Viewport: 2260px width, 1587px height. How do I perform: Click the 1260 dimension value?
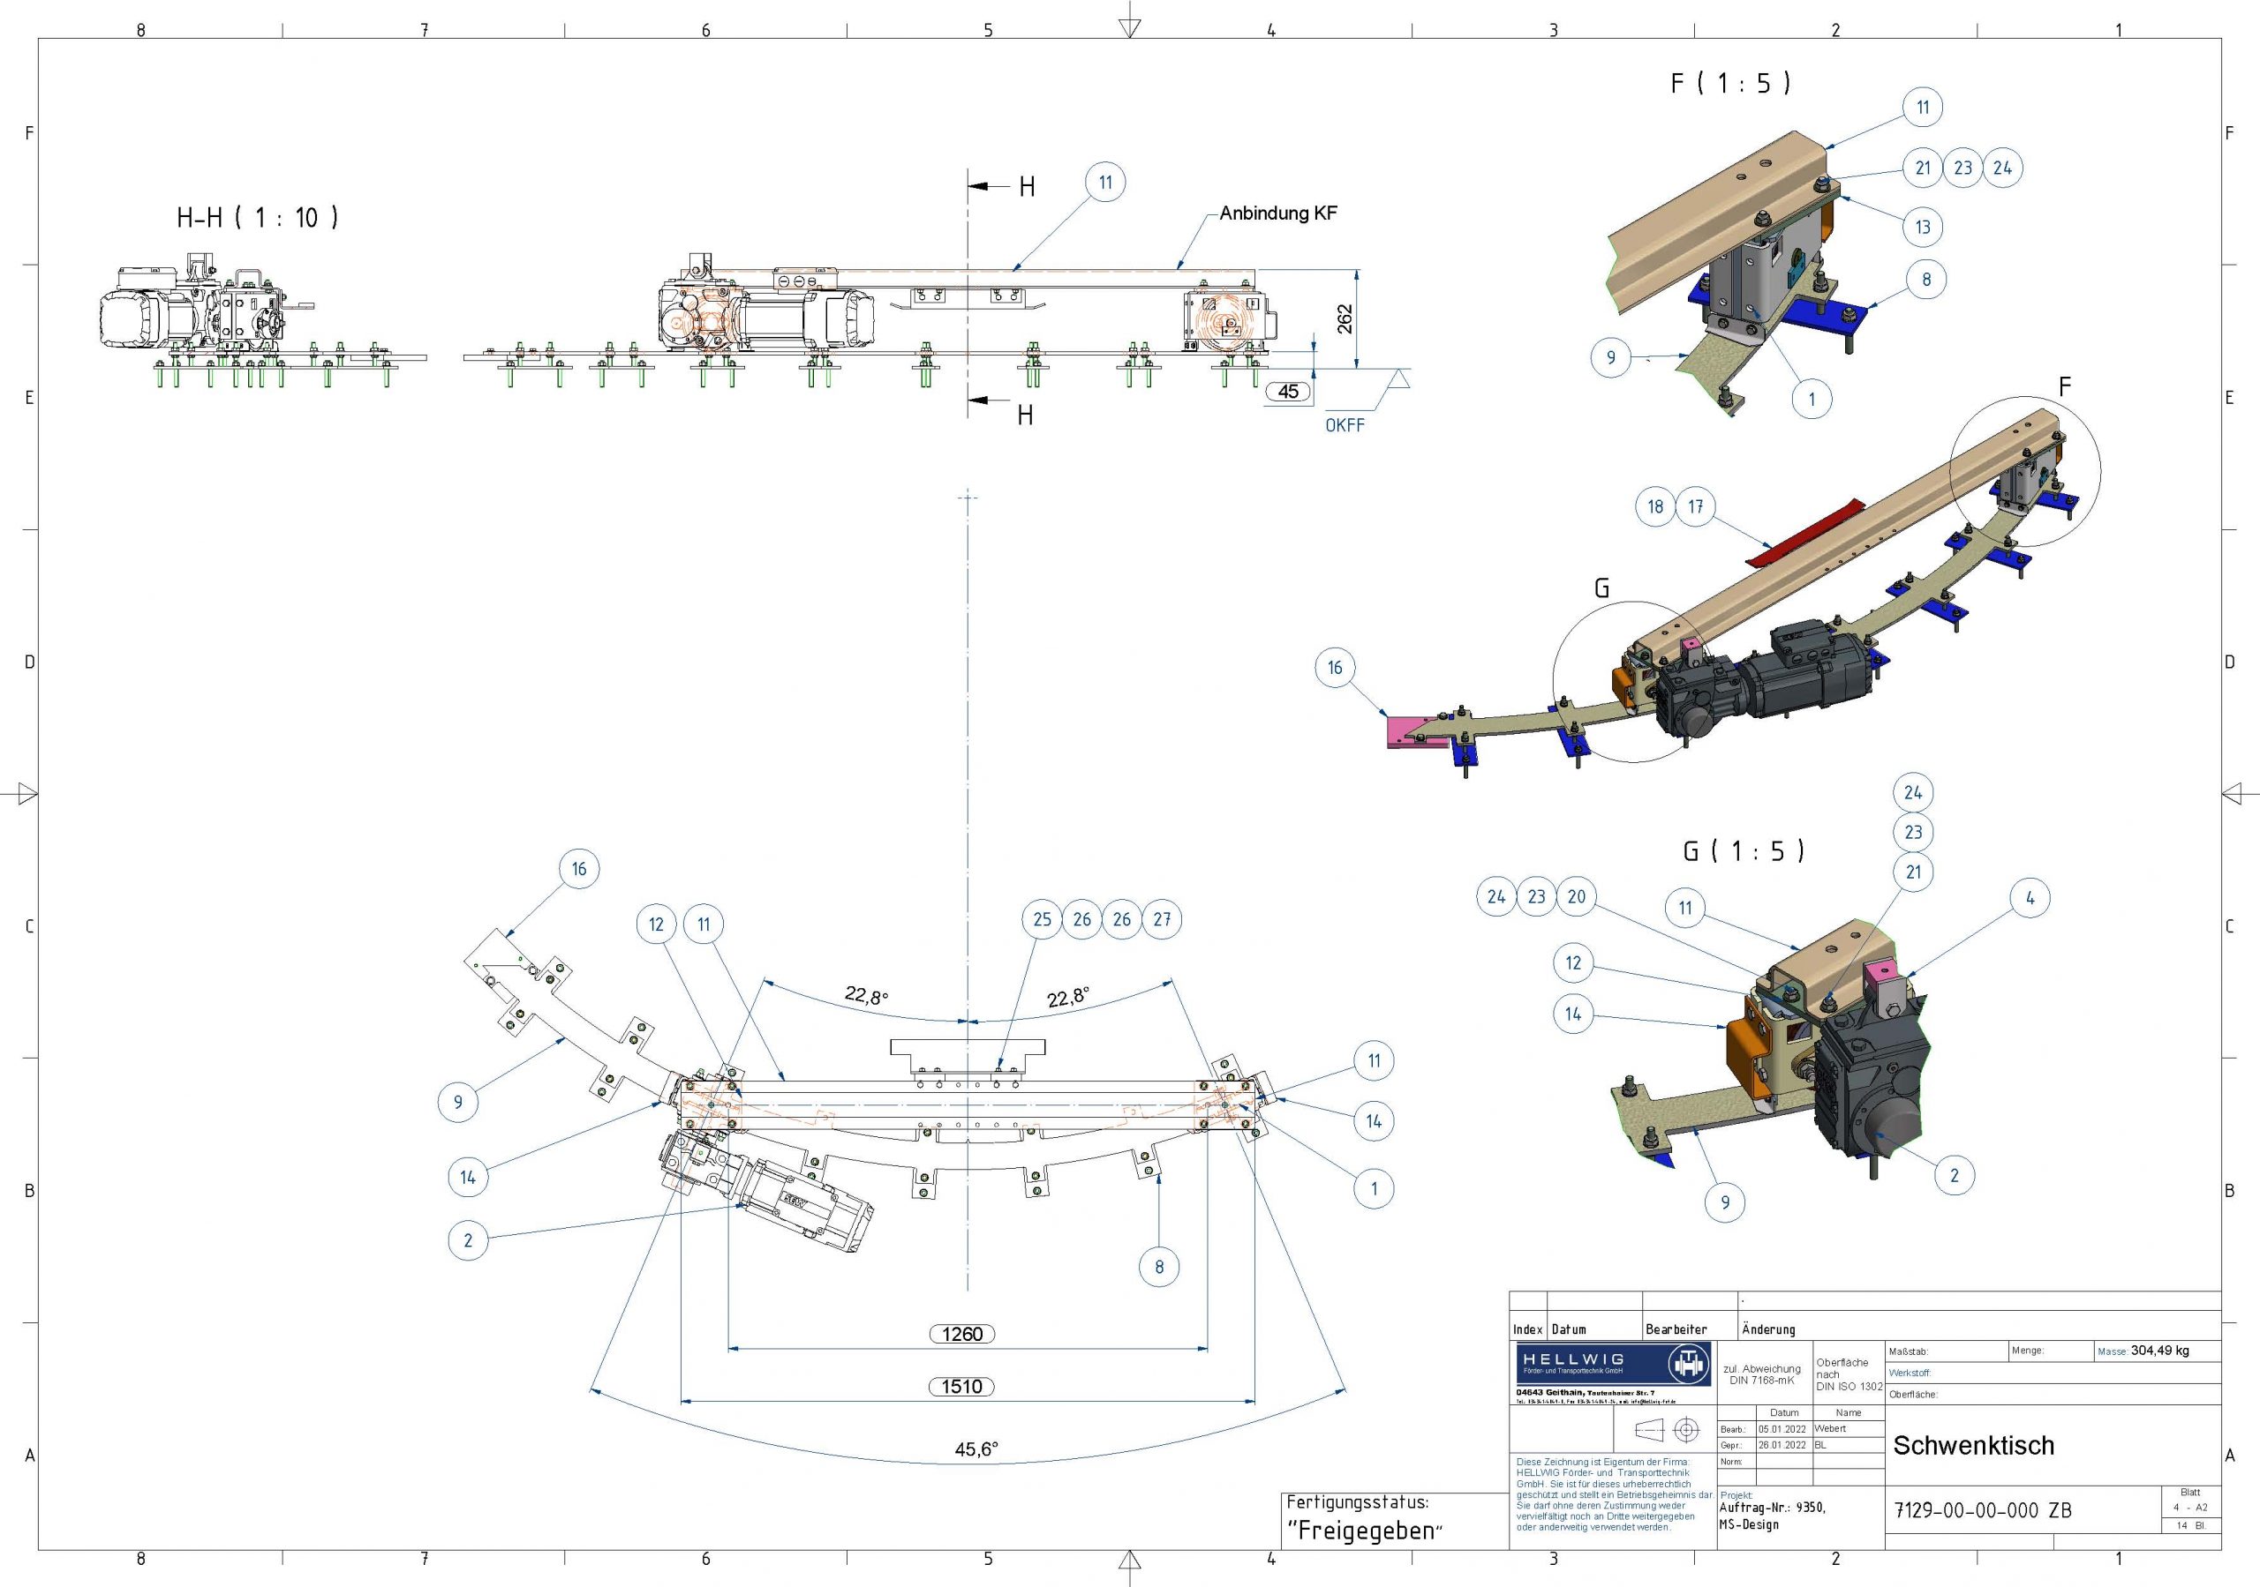click(x=961, y=1334)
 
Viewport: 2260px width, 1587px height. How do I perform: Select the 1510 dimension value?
click(x=961, y=1386)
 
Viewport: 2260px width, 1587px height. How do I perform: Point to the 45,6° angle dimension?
click(x=976, y=1449)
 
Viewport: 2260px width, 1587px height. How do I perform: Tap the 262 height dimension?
click(x=1345, y=318)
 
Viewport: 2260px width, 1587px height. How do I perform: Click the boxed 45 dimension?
click(x=1289, y=392)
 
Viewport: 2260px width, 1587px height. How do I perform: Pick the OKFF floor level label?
click(x=1345, y=425)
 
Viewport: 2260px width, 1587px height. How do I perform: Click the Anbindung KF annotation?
click(x=1277, y=213)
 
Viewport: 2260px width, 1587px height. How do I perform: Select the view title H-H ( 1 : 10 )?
click(x=257, y=217)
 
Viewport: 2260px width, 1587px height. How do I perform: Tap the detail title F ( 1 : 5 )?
click(x=1730, y=84)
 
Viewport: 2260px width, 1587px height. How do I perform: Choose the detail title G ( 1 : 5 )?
click(x=1744, y=851)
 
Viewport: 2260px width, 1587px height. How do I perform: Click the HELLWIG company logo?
click(x=1613, y=1365)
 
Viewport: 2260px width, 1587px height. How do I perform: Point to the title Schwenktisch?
click(x=1974, y=1445)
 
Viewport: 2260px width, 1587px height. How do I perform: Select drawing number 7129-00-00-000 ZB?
click(x=1983, y=1510)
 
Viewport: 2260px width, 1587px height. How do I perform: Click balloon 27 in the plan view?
click(x=1162, y=919)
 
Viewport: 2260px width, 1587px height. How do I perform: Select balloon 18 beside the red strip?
click(x=1655, y=506)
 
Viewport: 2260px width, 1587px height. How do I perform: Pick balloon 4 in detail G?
click(x=2030, y=897)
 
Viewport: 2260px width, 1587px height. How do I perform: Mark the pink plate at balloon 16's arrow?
click(x=1410, y=732)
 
